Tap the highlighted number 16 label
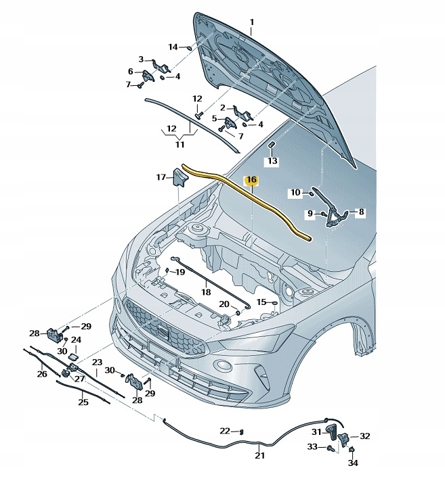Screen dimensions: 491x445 (x=251, y=181)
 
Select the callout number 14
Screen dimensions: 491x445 (x=173, y=47)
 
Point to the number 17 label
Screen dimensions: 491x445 (x=161, y=178)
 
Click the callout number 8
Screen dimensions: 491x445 (x=361, y=212)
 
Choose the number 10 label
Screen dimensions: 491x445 (x=295, y=193)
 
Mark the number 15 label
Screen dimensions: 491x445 (x=261, y=302)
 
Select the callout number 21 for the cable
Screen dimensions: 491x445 (x=259, y=455)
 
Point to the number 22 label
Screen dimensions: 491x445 (x=224, y=431)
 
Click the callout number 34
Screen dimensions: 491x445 (x=352, y=463)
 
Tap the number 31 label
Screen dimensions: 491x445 (x=316, y=431)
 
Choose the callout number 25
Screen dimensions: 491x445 (x=83, y=402)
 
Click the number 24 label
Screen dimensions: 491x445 (x=77, y=340)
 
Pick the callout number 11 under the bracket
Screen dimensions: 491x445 (x=179, y=143)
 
